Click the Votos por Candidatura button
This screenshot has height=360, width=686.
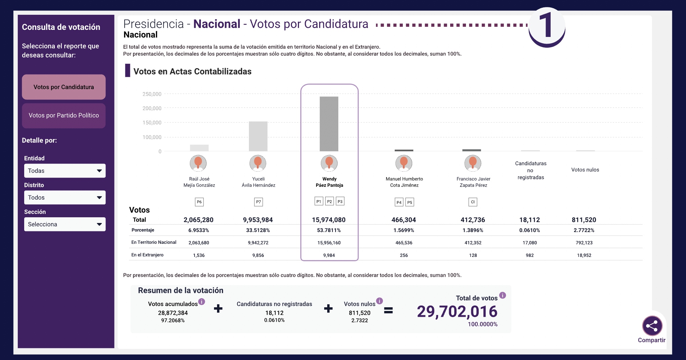tap(63, 87)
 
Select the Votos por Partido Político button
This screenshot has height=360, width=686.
tap(63, 116)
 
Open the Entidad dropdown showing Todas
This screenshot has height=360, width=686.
tap(65, 171)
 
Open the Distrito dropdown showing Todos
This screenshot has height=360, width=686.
tap(65, 197)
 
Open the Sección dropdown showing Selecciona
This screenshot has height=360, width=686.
tap(65, 224)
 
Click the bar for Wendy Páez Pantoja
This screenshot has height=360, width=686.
tap(329, 124)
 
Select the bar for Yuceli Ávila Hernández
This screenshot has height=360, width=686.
tap(258, 136)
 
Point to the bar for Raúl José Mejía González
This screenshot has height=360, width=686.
tap(199, 148)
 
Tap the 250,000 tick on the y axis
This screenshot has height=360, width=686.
tap(152, 94)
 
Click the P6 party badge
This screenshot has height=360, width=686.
tap(199, 202)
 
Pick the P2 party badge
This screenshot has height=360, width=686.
tap(330, 201)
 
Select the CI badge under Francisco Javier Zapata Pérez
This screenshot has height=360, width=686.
tap(473, 202)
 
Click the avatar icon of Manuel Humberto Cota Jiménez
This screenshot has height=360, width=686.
tap(404, 163)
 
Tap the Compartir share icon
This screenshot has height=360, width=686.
tap(652, 326)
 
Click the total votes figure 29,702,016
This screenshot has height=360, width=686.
tap(457, 312)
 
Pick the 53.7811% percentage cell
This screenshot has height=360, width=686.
tap(329, 230)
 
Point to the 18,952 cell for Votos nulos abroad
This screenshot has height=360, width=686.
tap(584, 255)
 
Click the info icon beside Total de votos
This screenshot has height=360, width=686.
tap(503, 295)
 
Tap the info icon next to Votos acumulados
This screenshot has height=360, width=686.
tap(202, 302)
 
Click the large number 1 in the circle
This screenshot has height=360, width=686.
tap(546, 26)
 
